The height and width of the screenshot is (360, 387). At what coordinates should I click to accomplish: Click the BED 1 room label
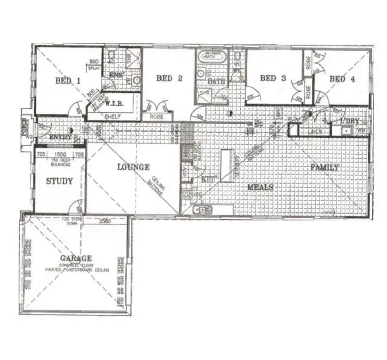(68, 80)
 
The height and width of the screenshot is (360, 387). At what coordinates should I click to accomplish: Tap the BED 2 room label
(169, 78)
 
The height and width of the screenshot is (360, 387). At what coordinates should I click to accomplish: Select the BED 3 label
(272, 78)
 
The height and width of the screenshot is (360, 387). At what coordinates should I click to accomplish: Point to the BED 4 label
(342, 79)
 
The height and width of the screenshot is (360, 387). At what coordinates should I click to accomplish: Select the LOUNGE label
(133, 167)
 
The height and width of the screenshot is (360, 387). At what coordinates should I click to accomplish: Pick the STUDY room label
(59, 181)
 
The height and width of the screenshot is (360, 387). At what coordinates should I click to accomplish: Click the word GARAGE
(75, 258)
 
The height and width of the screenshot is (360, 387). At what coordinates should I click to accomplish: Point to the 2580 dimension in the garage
(105, 220)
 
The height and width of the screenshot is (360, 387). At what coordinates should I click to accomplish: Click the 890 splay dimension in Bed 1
(94, 61)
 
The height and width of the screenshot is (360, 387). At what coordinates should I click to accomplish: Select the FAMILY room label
(324, 167)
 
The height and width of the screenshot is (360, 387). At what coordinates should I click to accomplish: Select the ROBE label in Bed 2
(156, 117)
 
